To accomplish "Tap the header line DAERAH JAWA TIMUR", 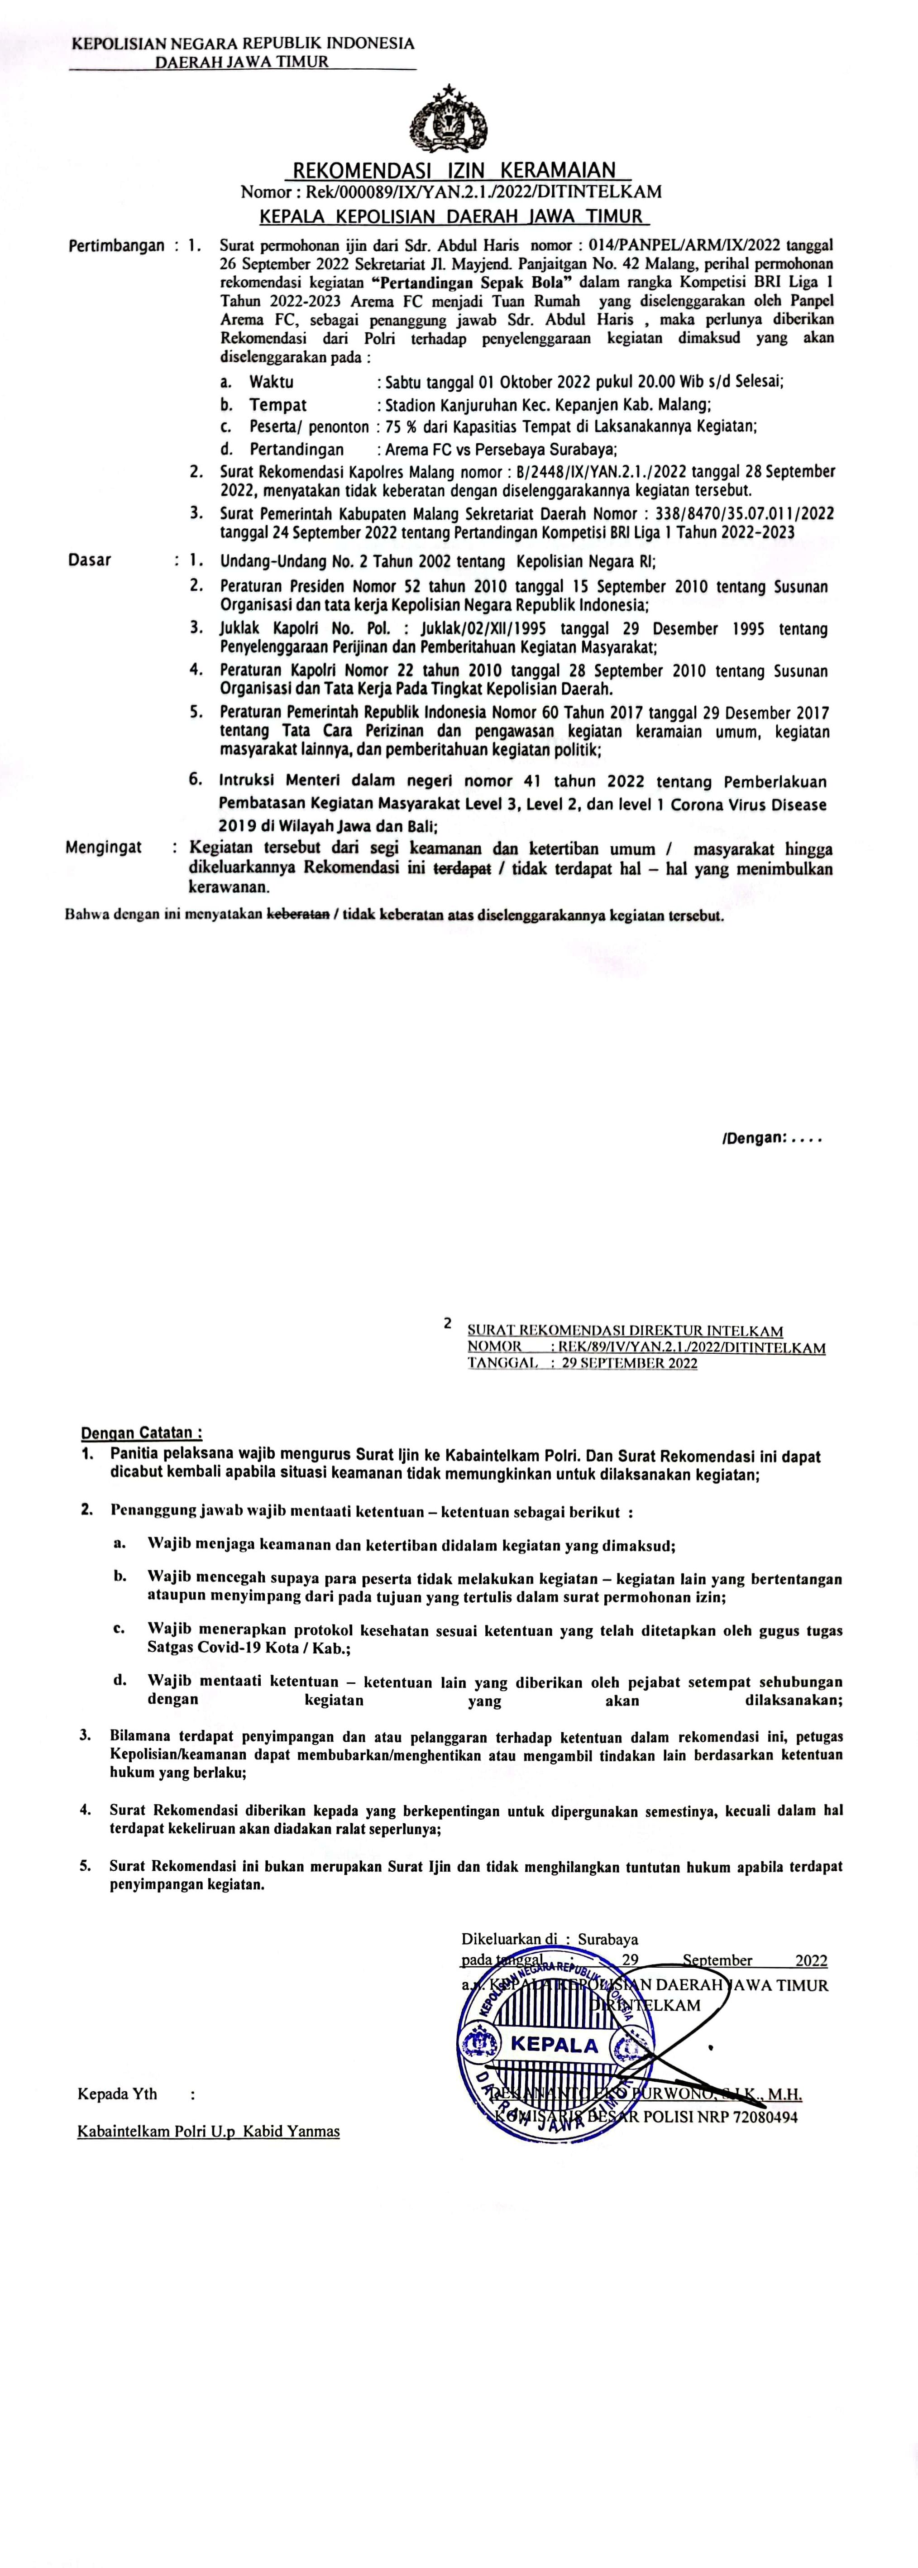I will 241,62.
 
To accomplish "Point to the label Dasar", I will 90,560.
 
